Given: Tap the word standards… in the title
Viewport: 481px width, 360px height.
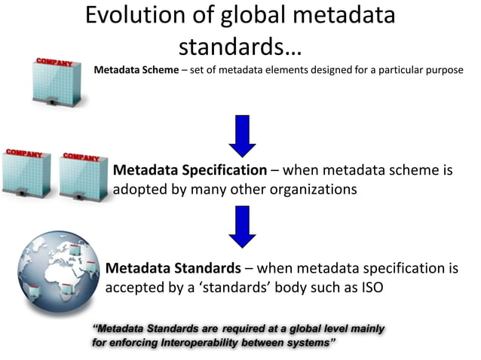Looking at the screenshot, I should coord(240,47).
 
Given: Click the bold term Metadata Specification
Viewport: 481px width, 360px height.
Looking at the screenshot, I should coord(190,170).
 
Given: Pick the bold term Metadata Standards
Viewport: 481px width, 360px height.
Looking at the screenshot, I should coord(173,269).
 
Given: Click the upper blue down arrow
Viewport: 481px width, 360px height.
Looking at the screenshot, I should coord(242,136).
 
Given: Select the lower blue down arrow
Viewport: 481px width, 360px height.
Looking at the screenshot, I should coord(242,227).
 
